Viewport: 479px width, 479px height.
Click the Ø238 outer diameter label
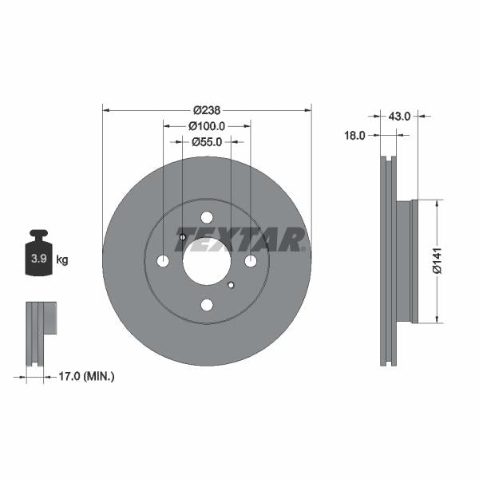coord(206,110)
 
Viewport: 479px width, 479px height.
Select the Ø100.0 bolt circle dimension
coord(206,126)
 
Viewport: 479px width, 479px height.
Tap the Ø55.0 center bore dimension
coord(206,142)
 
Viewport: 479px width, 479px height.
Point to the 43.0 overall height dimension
coord(399,116)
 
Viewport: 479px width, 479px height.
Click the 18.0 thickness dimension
coord(354,136)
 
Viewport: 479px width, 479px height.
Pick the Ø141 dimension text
coord(437,262)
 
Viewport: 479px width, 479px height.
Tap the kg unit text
coord(62,259)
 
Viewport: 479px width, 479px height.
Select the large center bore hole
coord(206,261)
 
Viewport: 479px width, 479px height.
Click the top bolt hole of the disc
coord(207,218)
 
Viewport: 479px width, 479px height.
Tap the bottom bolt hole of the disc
coord(207,304)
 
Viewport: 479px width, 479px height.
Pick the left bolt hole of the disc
coord(164,261)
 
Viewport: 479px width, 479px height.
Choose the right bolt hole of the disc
coord(250,261)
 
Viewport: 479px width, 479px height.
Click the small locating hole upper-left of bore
coord(183,237)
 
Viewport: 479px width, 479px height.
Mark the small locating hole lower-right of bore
coord(231,285)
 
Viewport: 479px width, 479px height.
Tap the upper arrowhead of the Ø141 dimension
coord(437,204)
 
